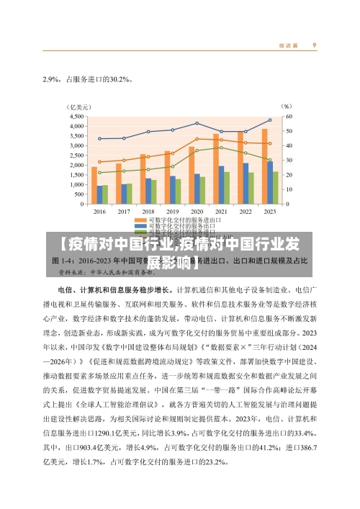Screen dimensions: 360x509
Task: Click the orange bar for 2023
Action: (x=264, y=166)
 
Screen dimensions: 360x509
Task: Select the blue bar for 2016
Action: (x=99, y=194)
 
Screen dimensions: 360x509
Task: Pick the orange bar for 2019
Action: (x=167, y=177)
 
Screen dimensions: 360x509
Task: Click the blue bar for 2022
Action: (x=246, y=183)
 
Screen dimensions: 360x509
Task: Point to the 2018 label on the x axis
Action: (x=148, y=212)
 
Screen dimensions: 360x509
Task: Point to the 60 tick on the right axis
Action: (x=288, y=116)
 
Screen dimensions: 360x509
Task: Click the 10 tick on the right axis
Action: (x=288, y=189)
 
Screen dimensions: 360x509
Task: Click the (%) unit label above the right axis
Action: (x=286, y=105)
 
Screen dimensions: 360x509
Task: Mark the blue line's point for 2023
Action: (x=270, y=120)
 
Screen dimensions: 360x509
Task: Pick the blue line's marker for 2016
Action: (x=99, y=139)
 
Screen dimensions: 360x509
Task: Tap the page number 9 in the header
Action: (x=315, y=45)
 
